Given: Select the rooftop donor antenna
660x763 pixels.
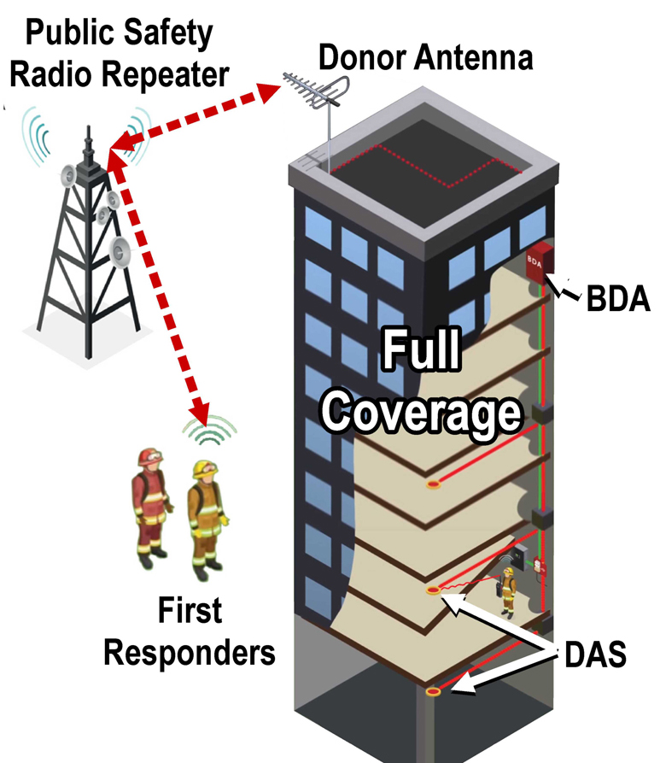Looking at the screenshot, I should (x=324, y=95).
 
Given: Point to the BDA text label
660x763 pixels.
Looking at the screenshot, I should (x=616, y=300).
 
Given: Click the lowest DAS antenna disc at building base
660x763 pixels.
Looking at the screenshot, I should (x=434, y=690).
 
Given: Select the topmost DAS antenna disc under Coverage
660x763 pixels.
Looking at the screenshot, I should (x=433, y=485).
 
